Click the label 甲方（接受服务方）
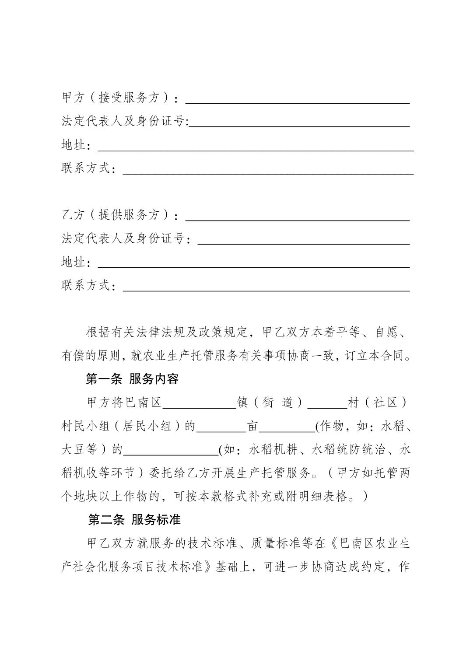pyautogui.click(x=116, y=98)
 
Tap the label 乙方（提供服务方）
pyautogui.click(x=116, y=215)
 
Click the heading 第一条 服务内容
pyautogui.click(x=132, y=379)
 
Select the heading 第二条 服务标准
pyautogui.click(x=134, y=520)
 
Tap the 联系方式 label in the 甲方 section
pyautogui.click(x=86, y=168)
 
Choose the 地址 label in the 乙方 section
pyautogui.click(x=73, y=262)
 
